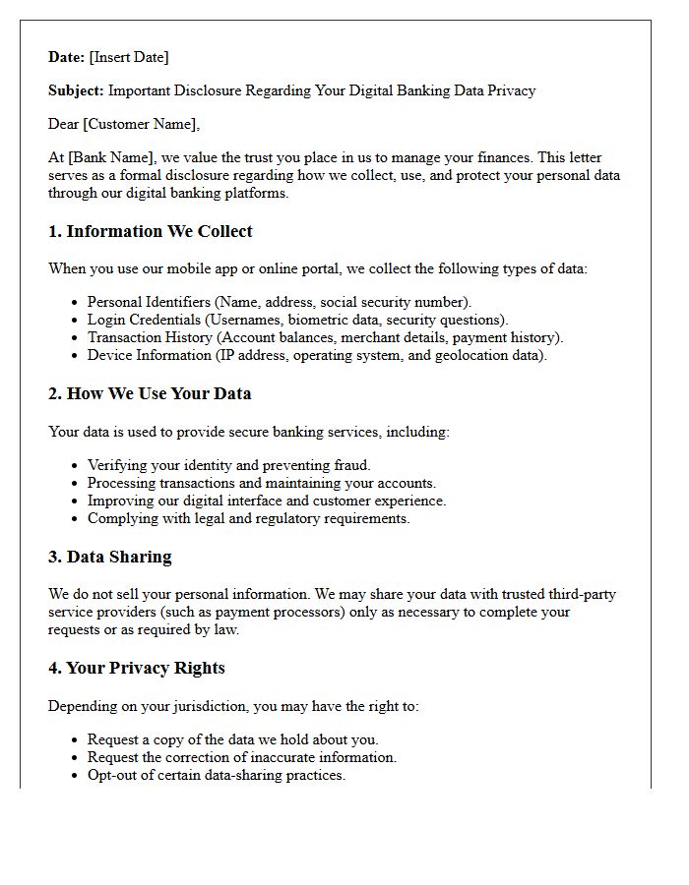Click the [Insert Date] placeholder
[129, 57]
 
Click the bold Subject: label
[76, 90]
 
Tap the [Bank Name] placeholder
[104, 157]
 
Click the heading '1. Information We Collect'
[151, 232]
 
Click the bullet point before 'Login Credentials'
[76, 321]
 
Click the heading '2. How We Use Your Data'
[150, 394]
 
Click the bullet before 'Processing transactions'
[76, 484]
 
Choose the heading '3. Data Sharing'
[110, 558]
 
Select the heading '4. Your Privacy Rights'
[137, 669]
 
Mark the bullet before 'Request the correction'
[76, 758]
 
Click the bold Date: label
[67, 57]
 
